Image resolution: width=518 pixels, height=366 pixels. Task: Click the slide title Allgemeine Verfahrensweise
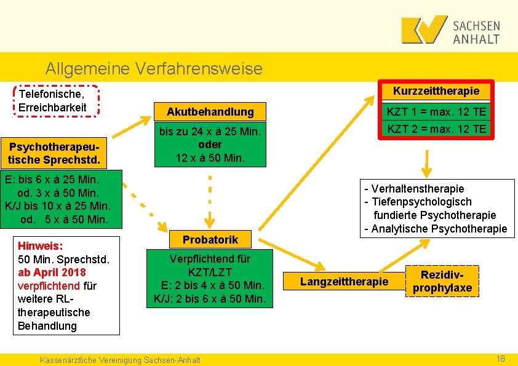click(x=154, y=68)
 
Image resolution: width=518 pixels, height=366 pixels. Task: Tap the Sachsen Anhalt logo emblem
click(x=424, y=30)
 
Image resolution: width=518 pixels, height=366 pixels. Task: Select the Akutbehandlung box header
click(x=210, y=112)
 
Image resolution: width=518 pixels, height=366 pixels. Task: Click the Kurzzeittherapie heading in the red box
click(x=436, y=91)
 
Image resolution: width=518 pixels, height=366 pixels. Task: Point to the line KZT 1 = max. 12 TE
click(x=436, y=111)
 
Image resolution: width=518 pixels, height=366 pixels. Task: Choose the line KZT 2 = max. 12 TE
click(x=436, y=129)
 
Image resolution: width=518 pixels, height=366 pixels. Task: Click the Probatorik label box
click(x=210, y=239)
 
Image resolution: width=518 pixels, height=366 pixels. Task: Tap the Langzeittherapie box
click(x=344, y=282)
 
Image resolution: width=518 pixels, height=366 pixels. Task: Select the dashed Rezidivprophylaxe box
click(x=442, y=282)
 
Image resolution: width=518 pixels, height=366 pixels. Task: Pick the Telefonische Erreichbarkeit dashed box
click(x=55, y=101)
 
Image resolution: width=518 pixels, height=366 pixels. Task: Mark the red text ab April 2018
click(x=52, y=272)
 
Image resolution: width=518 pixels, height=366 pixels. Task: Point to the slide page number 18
click(x=500, y=359)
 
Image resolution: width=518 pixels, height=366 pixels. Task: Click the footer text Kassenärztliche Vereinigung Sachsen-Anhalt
click(x=119, y=360)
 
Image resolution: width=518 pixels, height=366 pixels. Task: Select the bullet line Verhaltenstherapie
click(x=415, y=188)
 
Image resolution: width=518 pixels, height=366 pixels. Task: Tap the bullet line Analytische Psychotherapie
click(x=436, y=229)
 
